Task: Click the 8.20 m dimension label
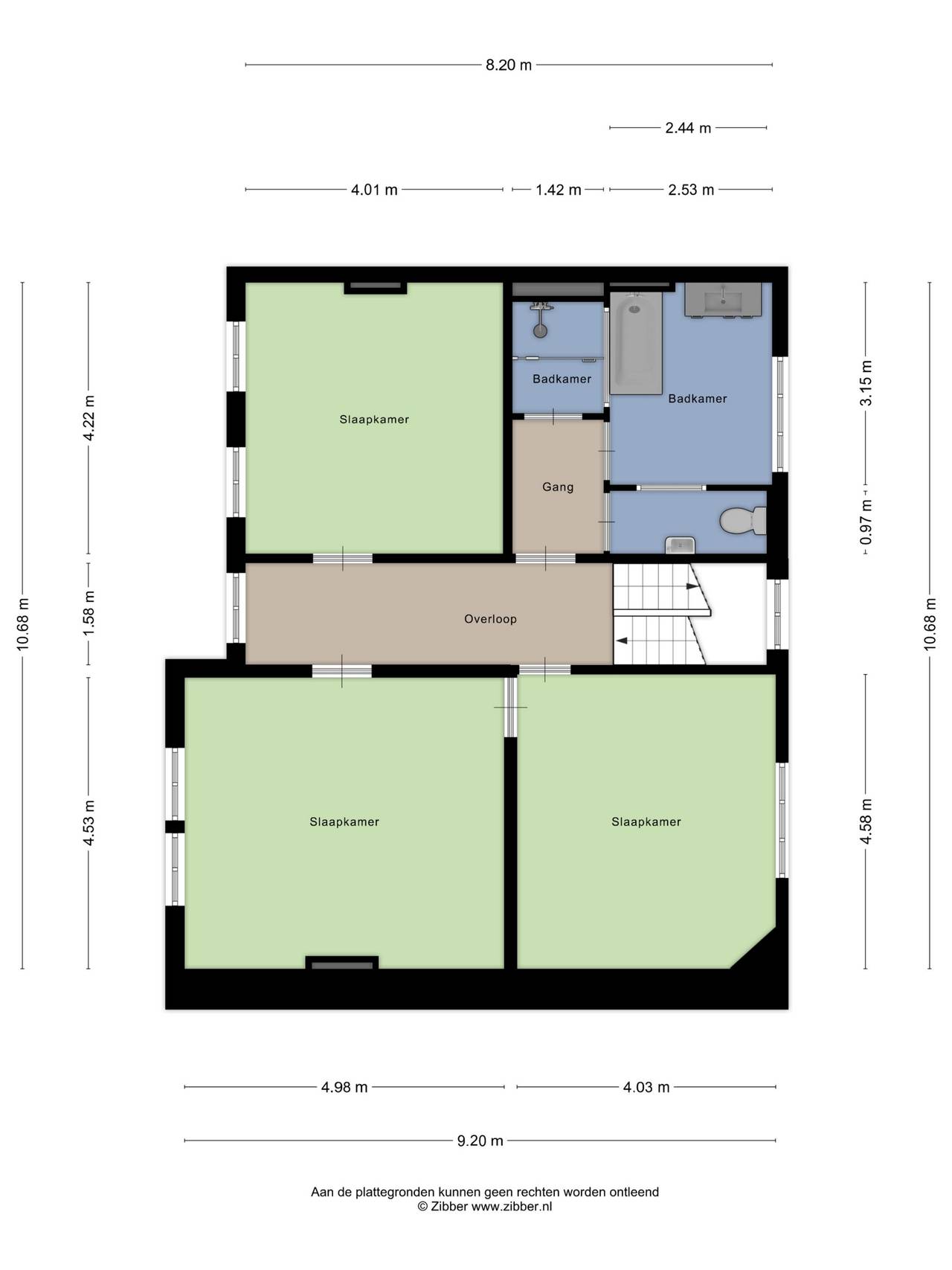point(509,65)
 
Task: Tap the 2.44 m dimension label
point(688,128)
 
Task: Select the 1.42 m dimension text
point(559,190)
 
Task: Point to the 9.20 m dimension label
point(480,1141)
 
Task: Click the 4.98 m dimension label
point(344,1087)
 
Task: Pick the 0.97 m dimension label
point(866,521)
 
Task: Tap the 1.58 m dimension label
point(89,613)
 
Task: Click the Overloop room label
point(490,619)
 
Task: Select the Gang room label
point(558,487)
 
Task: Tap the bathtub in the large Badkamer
point(636,342)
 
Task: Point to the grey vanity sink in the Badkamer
point(723,300)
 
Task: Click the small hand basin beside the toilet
point(681,545)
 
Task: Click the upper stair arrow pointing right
point(692,586)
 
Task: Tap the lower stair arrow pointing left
point(622,641)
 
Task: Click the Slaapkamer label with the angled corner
point(646,822)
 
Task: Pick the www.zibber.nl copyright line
point(485,1207)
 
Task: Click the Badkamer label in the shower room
point(562,379)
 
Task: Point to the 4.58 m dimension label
point(866,821)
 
